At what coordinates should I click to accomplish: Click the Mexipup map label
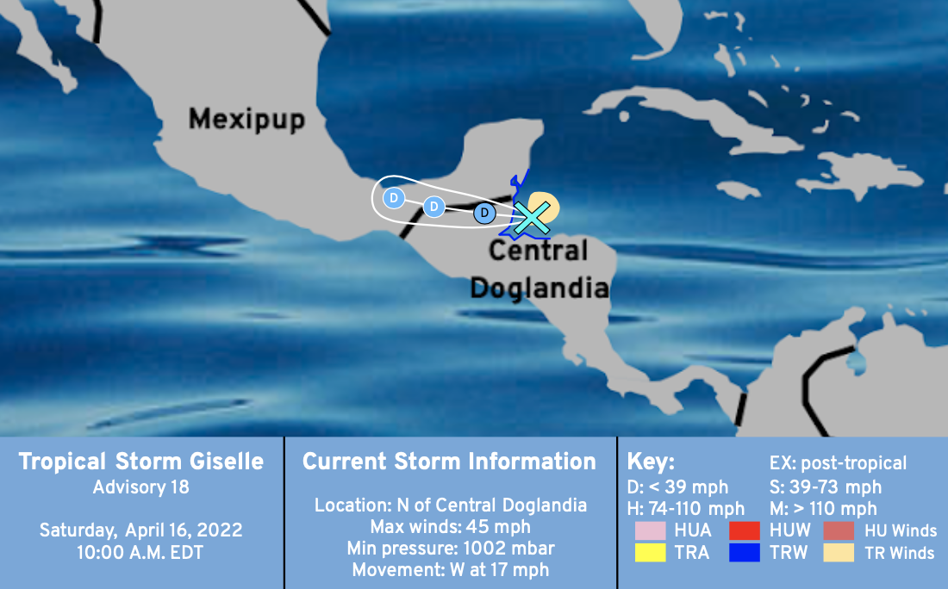pyautogui.click(x=246, y=120)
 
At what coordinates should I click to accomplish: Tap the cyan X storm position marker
pyautogui.click(x=532, y=218)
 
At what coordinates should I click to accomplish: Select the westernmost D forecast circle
pyautogui.click(x=394, y=197)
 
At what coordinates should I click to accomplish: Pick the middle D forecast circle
pyautogui.click(x=433, y=207)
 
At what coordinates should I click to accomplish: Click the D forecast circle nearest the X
pyautogui.click(x=484, y=213)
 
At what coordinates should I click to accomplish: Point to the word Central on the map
pyautogui.click(x=538, y=251)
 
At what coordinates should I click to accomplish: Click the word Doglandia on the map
pyautogui.click(x=539, y=288)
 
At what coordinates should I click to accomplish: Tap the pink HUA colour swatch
pyautogui.click(x=650, y=530)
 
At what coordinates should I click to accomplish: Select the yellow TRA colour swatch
pyautogui.click(x=650, y=552)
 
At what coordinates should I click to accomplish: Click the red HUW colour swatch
pyautogui.click(x=745, y=530)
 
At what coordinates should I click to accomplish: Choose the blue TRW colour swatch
pyautogui.click(x=745, y=552)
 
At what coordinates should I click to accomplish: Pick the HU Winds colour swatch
pyautogui.click(x=839, y=530)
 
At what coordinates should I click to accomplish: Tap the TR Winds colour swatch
pyautogui.click(x=839, y=552)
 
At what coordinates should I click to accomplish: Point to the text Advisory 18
pyautogui.click(x=140, y=487)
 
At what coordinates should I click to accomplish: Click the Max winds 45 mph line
pyautogui.click(x=451, y=527)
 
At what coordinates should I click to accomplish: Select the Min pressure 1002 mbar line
pyautogui.click(x=451, y=549)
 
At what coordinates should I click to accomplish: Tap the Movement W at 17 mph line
pyautogui.click(x=451, y=570)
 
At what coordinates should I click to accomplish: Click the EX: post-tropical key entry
pyautogui.click(x=838, y=463)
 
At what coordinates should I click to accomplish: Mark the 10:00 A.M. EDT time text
pyautogui.click(x=140, y=553)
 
